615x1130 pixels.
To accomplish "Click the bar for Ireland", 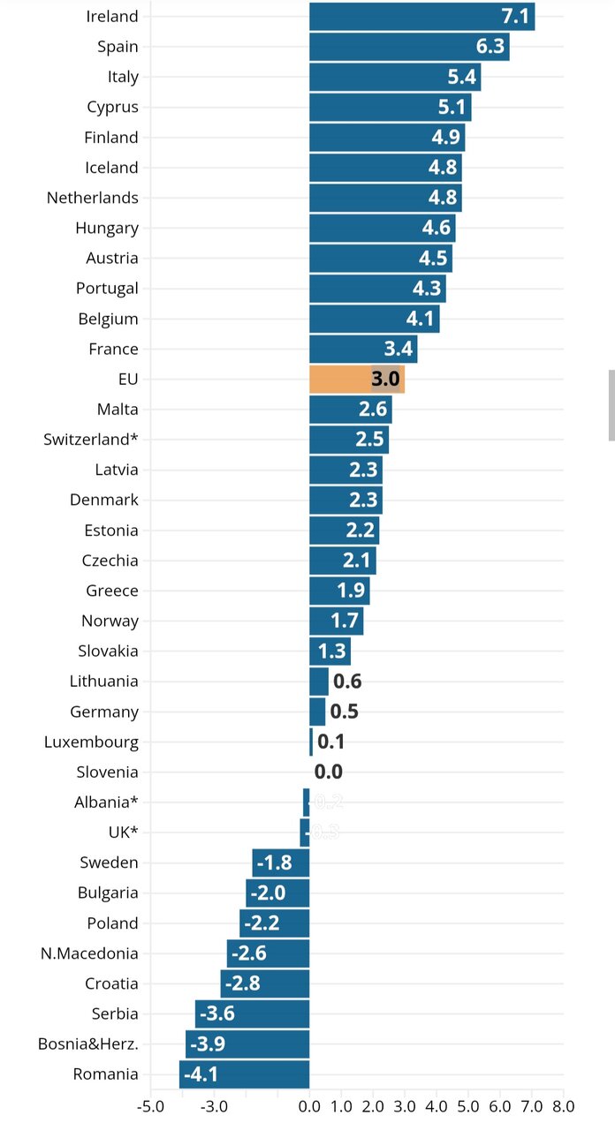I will click(421, 17).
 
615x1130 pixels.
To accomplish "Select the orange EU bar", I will click(356, 380).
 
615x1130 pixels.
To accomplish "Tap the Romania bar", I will click(244, 1074).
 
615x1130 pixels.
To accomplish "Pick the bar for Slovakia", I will click(330, 652).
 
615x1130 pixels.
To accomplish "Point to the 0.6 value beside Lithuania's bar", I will click(347, 682).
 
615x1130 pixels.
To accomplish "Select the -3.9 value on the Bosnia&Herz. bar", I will click(206, 1044).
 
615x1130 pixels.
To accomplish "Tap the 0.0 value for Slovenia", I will click(329, 772).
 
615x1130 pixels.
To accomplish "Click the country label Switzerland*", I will click(91, 440).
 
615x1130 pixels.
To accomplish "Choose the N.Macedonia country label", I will click(89, 953).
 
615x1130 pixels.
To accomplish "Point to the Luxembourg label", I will click(91, 742).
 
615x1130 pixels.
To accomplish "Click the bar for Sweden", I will click(281, 863).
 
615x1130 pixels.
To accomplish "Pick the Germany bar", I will click(317, 712).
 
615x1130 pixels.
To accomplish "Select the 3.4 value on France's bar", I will click(396, 350).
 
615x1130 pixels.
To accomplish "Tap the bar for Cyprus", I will click(390, 108).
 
